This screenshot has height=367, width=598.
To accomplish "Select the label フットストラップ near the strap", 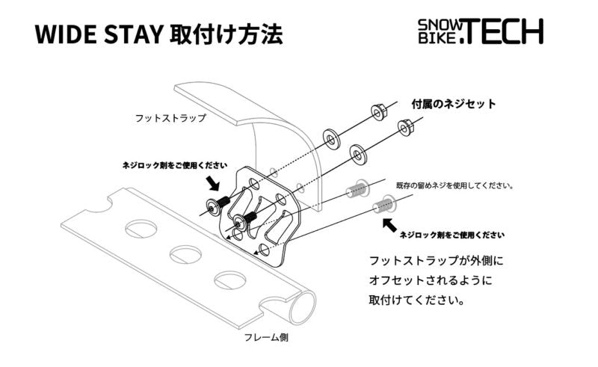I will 170,118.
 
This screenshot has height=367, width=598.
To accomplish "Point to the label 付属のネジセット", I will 455,105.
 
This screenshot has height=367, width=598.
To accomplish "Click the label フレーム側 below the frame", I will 267,337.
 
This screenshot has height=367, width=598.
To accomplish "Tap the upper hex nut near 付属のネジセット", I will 377,113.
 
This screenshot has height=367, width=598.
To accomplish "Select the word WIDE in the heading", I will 61,35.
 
